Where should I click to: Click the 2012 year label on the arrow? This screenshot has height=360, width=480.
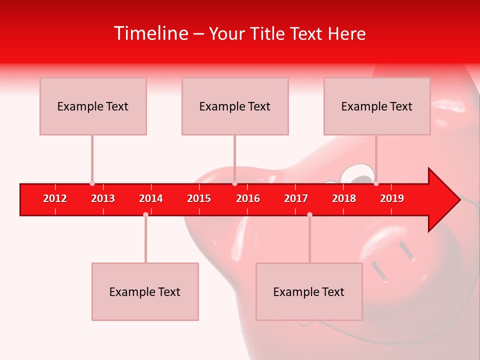[x=55, y=198]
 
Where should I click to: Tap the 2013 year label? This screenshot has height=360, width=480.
[x=103, y=198]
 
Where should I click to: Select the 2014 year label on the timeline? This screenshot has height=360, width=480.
[x=151, y=198]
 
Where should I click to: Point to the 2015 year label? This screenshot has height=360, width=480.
[x=199, y=198]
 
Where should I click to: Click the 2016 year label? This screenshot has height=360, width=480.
[x=248, y=198]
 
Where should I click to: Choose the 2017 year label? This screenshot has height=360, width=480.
[x=296, y=198]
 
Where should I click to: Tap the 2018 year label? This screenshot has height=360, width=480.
[x=344, y=198]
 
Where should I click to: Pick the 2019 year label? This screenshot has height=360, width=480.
[x=392, y=198]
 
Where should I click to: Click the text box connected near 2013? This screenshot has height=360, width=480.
[x=93, y=106]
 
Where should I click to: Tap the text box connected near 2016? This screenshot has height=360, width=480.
[x=235, y=106]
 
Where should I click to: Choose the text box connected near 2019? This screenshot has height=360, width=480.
[x=377, y=106]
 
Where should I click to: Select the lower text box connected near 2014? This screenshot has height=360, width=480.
[x=145, y=291]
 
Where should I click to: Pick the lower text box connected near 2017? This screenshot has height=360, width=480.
[x=309, y=291]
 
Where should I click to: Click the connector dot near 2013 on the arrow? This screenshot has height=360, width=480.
[x=92, y=183]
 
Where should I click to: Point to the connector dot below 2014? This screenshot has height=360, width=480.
[x=145, y=214]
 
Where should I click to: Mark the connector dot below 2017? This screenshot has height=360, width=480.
[x=309, y=214]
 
